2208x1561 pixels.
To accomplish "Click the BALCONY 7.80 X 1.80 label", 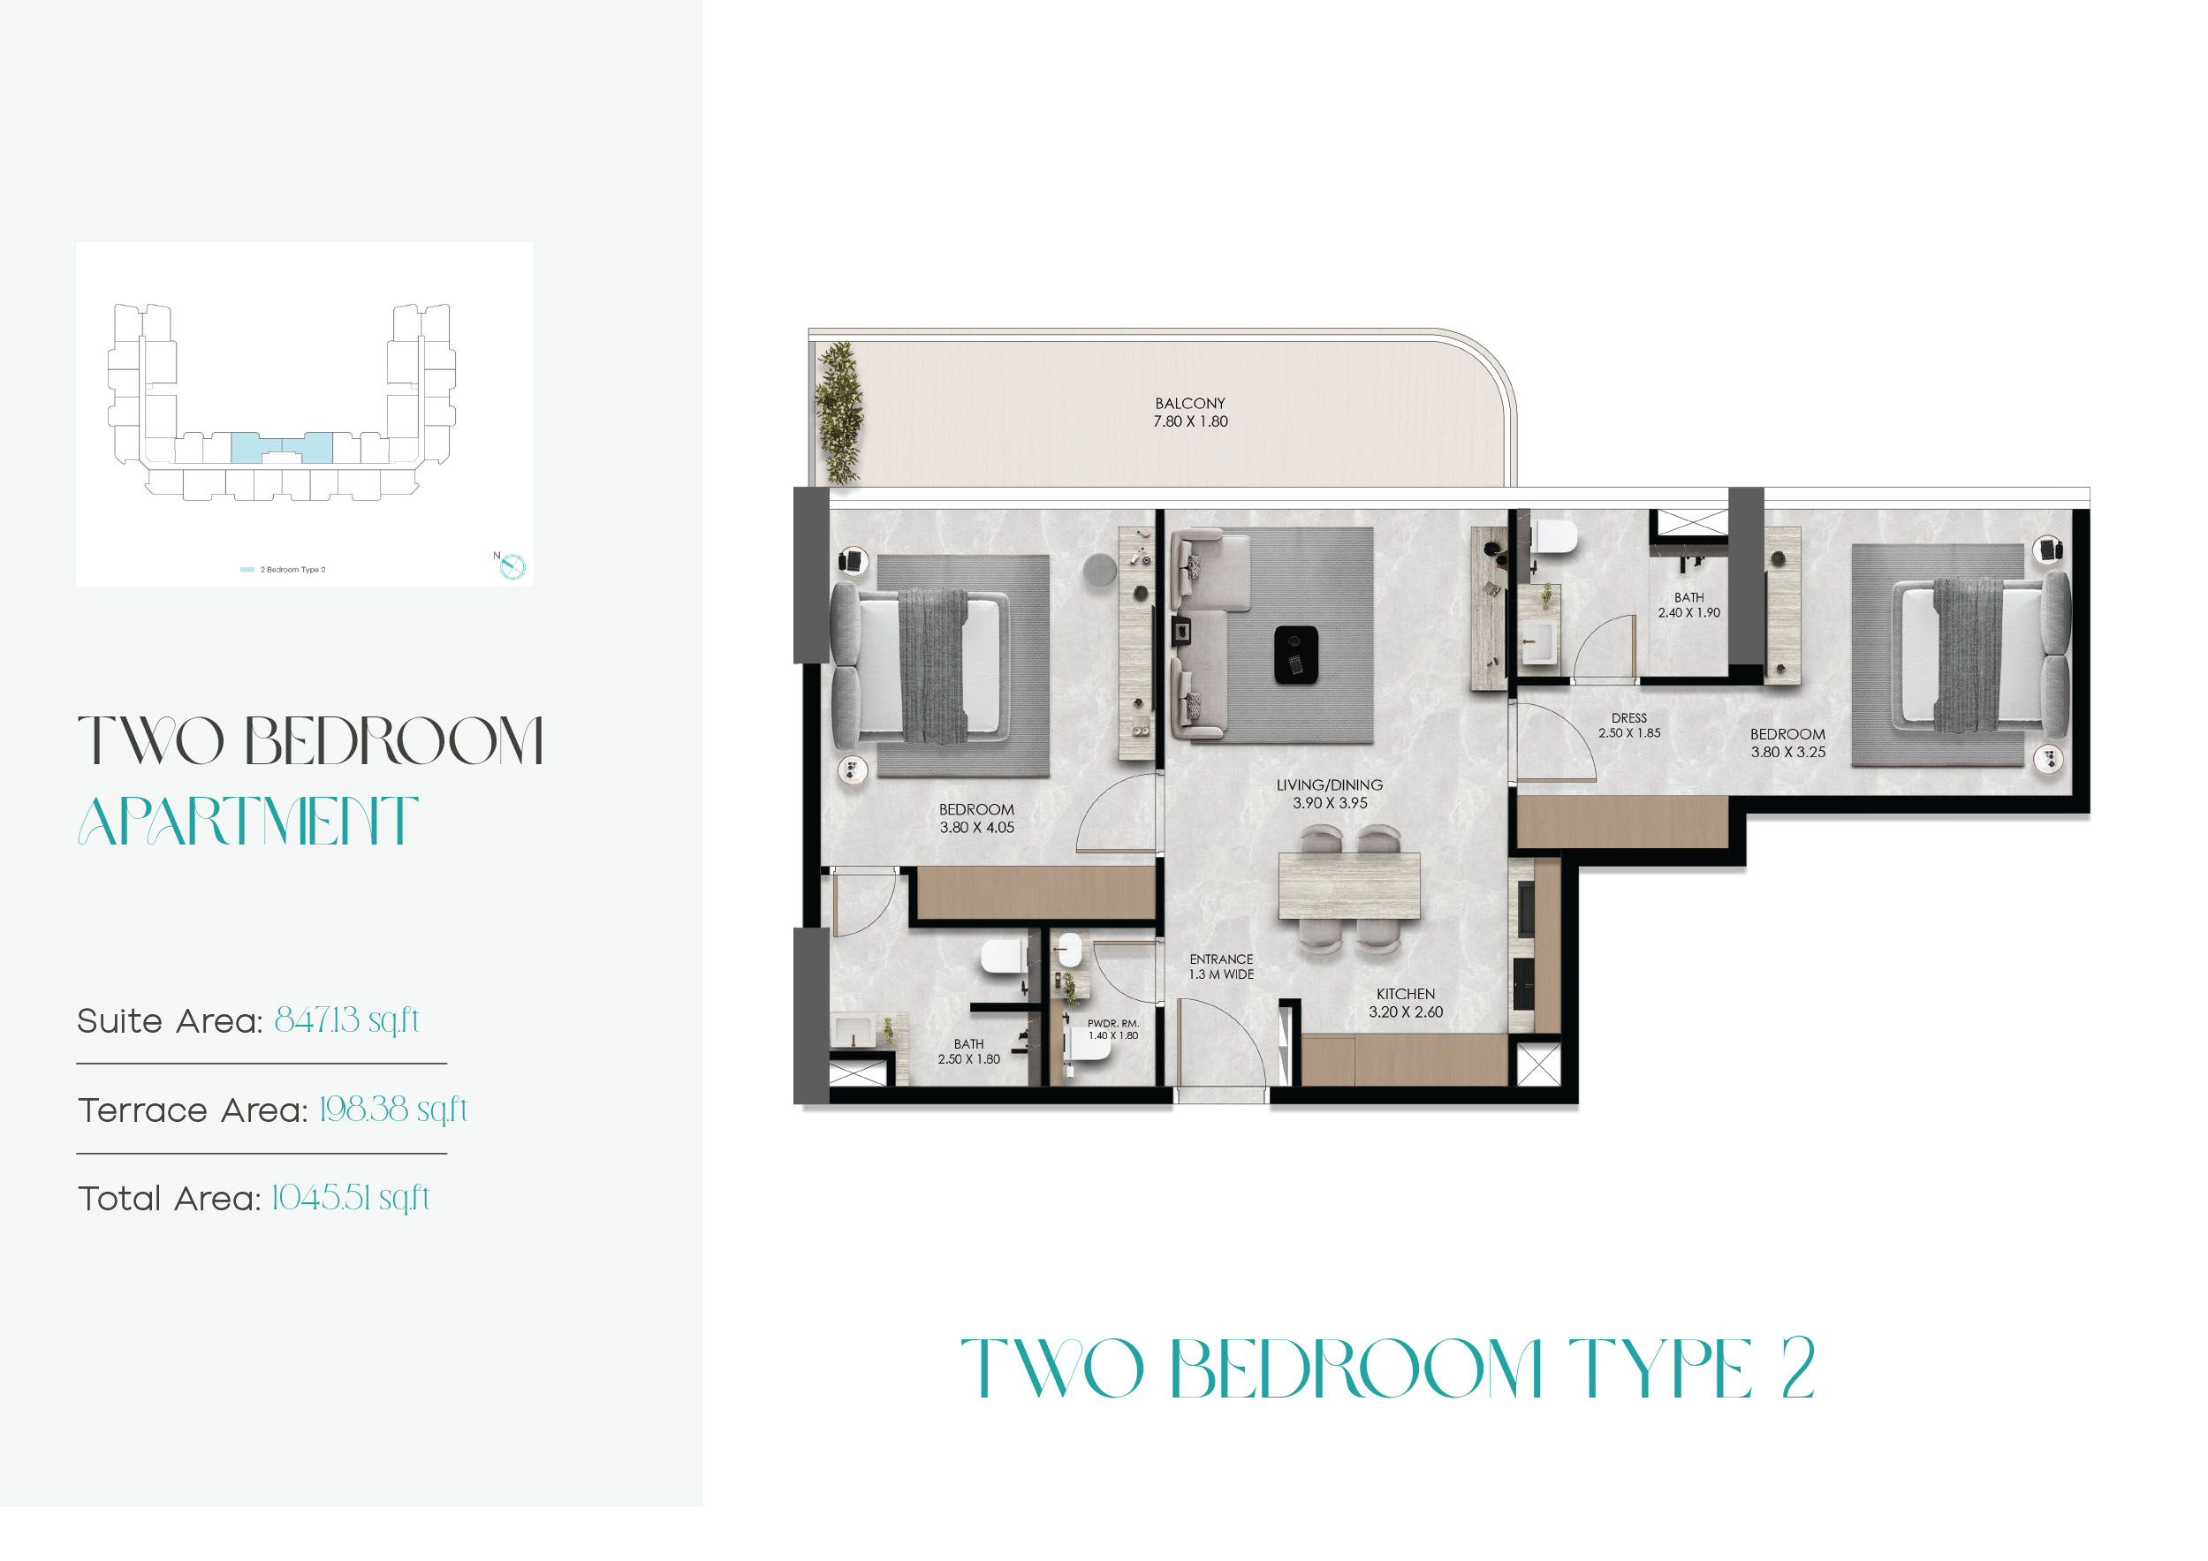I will (1190, 413).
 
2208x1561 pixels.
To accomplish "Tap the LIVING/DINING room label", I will (1329, 793).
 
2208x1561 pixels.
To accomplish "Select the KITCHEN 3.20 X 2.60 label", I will (1405, 1002).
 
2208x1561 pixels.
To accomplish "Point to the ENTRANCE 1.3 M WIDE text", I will (1220, 966).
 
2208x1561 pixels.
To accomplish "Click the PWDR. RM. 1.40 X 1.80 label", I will (1112, 1029).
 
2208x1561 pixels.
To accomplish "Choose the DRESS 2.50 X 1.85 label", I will (1628, 725).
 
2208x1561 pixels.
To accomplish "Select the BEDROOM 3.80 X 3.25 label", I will (1787, 742).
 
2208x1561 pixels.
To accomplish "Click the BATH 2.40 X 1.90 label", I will (1688, 605).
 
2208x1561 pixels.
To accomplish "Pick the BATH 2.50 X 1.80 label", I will (968, 1051).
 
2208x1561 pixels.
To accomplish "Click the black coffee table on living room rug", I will (1295, 655).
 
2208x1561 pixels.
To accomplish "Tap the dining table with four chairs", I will (1348, 886).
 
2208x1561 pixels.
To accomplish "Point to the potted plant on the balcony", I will (838, 413).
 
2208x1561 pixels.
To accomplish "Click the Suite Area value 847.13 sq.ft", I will (346, 1020).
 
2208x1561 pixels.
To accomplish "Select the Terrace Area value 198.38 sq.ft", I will (392, 1110).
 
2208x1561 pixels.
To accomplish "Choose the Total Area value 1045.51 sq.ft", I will (350, 1199).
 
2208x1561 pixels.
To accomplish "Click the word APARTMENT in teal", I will (248, 822).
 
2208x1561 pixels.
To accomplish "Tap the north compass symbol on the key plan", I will (512, 566).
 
